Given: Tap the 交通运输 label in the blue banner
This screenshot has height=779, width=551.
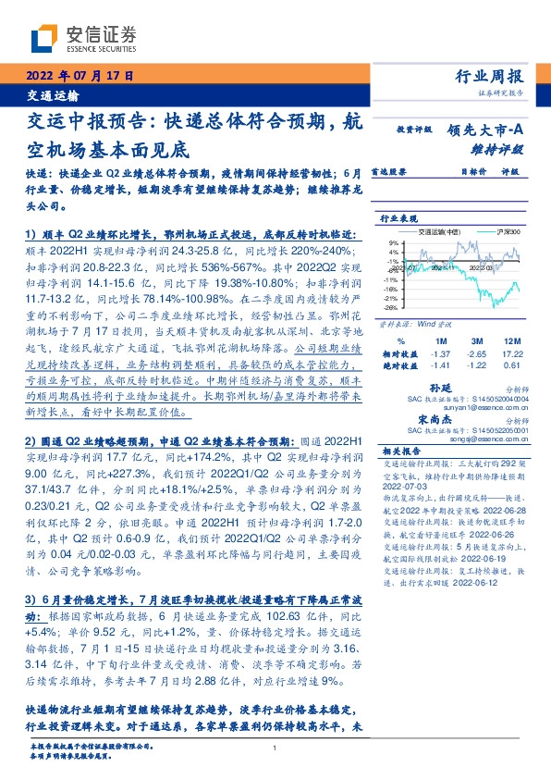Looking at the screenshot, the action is click(x=52, y=95).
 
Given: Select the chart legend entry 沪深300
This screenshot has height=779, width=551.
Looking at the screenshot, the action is click(x=509, y=232).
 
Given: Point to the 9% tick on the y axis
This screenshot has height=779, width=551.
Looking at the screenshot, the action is click(x=392, y=241).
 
